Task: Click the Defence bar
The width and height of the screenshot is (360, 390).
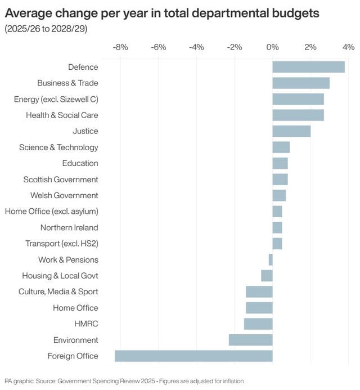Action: pyautogui.click(x=308, y=67)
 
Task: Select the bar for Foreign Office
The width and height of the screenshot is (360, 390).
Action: pyautogui.click(x=193, y=356)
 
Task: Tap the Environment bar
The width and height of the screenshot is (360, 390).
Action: pyautogui.click(x=250, y=340)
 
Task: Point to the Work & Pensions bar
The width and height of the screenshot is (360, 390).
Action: pyautogui.click(x=271, y=259)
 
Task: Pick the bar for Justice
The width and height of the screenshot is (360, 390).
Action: pyautogui.click(x=291, y=131)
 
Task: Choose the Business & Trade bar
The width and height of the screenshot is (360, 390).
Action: pyautogui.click(x=301, y=83)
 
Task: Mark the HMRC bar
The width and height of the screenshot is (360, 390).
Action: pyautogui.click(x=258, y=324)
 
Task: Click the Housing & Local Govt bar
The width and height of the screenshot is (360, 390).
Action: pyautogui.click(x=267, y=276)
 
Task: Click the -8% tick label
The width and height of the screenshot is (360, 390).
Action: pyautogui.click(x=120, y=47)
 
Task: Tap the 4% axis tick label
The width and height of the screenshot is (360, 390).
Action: pyautogui.click(x=348, y=47)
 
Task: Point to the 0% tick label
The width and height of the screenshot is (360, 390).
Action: pyautogui.click(x=273, y=47)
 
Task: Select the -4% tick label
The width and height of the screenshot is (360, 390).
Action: pyautogui.click(x=196, y=47)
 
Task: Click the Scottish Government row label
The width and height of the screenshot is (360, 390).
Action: pyautogui.click(x=61, y=180)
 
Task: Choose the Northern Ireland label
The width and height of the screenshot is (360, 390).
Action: pyautogui.click(x=69, y=227)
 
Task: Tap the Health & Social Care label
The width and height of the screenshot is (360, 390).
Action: pyautogui.click(x=62, y=115)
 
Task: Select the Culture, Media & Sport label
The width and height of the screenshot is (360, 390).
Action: pyautogui.click(x=58, y=292)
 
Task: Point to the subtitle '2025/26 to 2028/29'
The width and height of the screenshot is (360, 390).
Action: pyautogui.click(x=47, y=28)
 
